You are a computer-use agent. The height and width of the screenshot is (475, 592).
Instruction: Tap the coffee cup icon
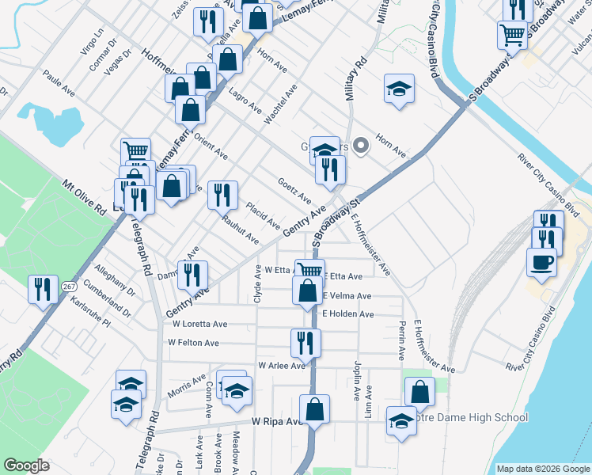(542, 262)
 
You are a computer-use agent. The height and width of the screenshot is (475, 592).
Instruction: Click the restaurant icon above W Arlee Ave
(305, 342)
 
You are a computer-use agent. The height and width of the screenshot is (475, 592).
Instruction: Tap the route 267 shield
(68, 285)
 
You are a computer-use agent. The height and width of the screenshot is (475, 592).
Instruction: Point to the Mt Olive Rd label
(84, 198)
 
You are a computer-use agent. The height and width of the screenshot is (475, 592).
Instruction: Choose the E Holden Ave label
(347, 314)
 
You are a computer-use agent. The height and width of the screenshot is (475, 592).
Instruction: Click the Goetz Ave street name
(294, 190)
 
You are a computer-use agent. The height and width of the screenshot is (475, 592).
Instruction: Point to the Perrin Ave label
(402, 336)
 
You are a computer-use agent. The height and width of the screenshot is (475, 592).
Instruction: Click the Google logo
(27, 465)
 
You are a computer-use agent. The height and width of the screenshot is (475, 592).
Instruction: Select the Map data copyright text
(542, 469)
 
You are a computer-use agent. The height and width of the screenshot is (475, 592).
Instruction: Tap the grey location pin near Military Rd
(362, 145)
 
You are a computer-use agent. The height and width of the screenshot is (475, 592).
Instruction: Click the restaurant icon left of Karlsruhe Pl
(41, 289)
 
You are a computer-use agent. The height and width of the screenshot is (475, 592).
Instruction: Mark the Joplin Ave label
(358, 382)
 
